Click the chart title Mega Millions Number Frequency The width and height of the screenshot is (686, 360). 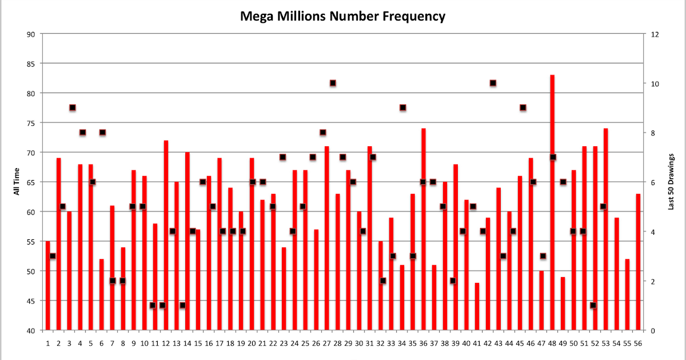coord(342,16)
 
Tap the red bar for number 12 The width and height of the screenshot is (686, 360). coord(166,234)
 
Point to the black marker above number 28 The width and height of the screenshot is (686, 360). coord(333,83)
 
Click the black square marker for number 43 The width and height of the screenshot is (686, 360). coord(493,83)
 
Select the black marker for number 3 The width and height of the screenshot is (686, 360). coord(73,107)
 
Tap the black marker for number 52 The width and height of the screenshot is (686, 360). coord(593,305)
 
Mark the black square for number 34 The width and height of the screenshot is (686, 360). coord(402,107)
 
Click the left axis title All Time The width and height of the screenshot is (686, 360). coord(17,182)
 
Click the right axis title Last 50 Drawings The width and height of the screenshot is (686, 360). coord(671,182)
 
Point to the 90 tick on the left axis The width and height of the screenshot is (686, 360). coord(31,34)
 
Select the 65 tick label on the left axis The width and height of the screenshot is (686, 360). coord(31,182)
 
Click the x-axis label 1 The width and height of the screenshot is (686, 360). coord(48,343)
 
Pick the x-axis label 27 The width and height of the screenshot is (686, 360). coord(326,343)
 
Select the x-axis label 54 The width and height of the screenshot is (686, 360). coord(616,343)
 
